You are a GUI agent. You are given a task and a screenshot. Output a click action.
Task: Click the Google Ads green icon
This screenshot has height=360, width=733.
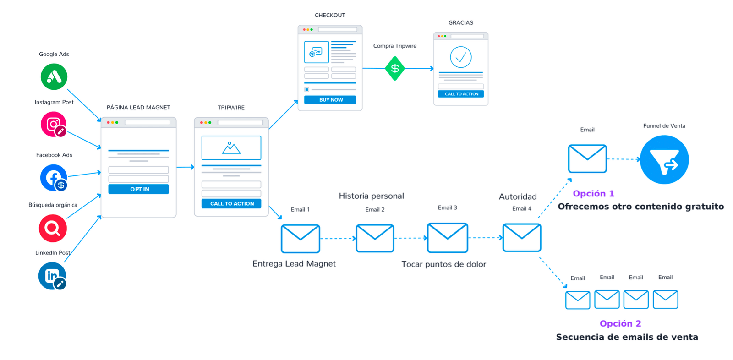(54, 76)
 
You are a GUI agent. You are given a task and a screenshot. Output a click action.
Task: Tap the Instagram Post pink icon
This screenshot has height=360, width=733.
(54, 124)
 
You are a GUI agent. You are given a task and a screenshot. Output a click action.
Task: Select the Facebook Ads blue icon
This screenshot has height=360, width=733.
(54, 178)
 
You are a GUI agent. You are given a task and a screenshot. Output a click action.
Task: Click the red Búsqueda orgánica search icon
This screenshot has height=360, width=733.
(53, 228)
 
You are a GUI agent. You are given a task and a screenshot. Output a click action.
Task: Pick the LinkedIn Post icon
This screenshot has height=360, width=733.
(52, 276)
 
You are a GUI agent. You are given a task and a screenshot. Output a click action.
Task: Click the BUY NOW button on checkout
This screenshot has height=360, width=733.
(330, 100)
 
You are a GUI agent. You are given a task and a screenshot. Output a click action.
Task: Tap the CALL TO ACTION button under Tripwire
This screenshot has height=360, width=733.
(231, 203)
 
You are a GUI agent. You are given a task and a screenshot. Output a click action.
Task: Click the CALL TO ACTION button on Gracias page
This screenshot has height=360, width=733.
(461, 94)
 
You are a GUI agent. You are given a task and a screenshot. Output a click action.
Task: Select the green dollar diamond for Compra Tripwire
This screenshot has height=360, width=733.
(395, 68)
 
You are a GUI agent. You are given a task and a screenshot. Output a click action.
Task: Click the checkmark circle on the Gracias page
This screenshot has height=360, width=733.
(461, 57)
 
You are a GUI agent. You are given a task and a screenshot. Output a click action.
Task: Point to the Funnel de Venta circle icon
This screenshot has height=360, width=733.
(664, 160)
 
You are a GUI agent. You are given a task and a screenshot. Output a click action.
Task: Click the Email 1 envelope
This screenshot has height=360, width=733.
(301, 239)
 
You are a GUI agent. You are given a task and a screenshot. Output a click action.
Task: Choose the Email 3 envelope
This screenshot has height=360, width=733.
(448, 238)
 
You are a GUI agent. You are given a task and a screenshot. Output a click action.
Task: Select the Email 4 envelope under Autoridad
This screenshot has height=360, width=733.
(522, 238)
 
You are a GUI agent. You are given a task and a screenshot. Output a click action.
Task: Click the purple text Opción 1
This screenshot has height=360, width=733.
(593, 193)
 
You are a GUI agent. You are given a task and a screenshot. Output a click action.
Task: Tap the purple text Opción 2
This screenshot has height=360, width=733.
(620, 323)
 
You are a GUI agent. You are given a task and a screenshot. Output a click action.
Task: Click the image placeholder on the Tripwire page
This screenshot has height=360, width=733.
(231, 147)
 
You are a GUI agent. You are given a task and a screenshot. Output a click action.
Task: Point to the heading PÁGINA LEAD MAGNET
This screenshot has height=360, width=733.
(138, 108)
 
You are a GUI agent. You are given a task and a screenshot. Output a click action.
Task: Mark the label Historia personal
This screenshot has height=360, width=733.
(371, 196)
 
